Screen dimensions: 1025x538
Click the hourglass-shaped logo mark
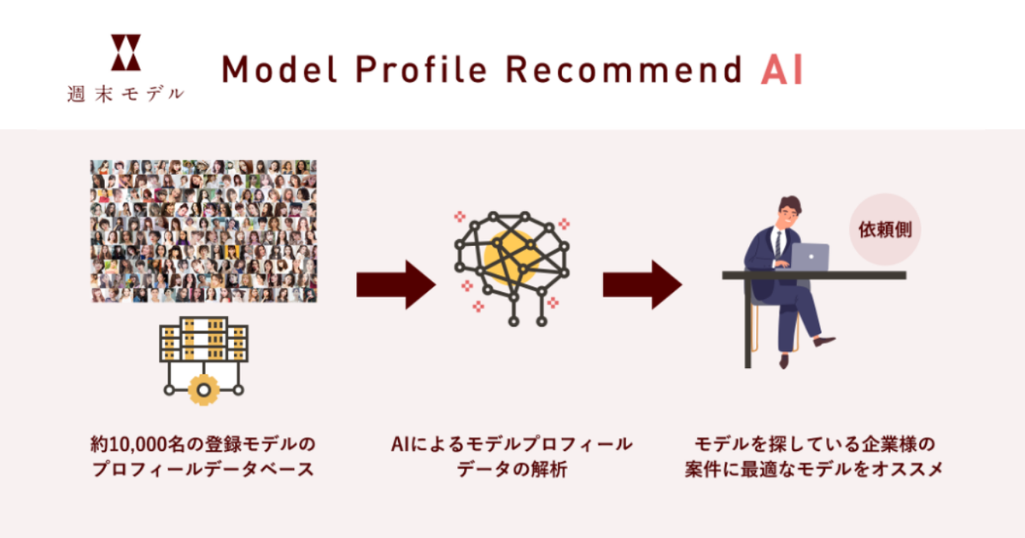pos(126,52)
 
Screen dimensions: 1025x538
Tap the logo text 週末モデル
pos(126,94)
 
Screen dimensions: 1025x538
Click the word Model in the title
pos(279,69)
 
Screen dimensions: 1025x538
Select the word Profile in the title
pos(421,69)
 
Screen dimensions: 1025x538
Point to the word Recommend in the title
pos(624,69)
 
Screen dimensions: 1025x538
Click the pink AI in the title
pos(782,69)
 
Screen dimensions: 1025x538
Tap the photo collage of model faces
pos(203,231)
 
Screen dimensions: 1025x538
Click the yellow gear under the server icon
pos(203,389)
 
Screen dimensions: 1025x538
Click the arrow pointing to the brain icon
pos(395,284)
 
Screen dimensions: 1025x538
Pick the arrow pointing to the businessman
pos(642,284)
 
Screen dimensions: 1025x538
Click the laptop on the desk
pos(810,257)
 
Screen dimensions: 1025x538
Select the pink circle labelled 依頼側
pos(885,229)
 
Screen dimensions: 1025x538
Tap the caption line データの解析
pos(512,470)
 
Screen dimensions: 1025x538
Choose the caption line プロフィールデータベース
pos(203,470)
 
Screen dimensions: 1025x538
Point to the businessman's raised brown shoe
pos(824,341)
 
